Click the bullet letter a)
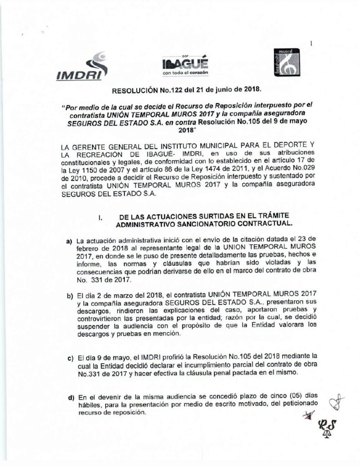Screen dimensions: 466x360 [71, 240]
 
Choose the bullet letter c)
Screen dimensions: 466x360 [71, 358]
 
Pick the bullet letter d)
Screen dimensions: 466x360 [71, 398]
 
